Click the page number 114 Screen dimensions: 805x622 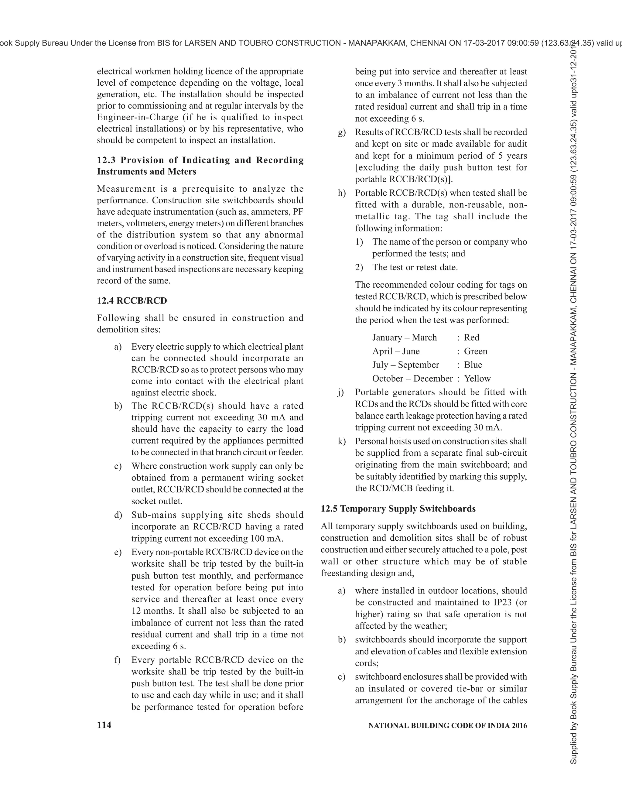pyautogui.click(x=104, y=725)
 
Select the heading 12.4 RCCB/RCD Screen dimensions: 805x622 pyautogui.click(x=132, y=300)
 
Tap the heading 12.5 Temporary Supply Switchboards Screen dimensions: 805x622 pyautogui.click(x=398, y=509)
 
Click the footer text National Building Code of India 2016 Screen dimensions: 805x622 pyautogui.click(x=447, y=725)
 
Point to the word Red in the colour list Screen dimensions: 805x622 pyautogui.click(x=472, y=337)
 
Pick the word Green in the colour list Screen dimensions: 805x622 pyautogui.click(x=475, y=351)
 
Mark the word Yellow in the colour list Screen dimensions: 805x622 pyautogui.click(x=477, y=379)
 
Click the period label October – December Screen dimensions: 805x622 pyautogui.click(x=412, y=379)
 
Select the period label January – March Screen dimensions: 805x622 pyautogui.click(x=404, y=337)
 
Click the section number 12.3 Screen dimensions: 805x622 pyautogui.click(x=107, y=160)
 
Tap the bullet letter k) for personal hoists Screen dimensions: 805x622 pyautogui.click(x=342, y=441)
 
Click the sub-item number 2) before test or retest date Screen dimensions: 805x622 pyautogui.click(x=359, y=267)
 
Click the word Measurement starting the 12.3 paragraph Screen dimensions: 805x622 pyautogui.click(x=126, y=189)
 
